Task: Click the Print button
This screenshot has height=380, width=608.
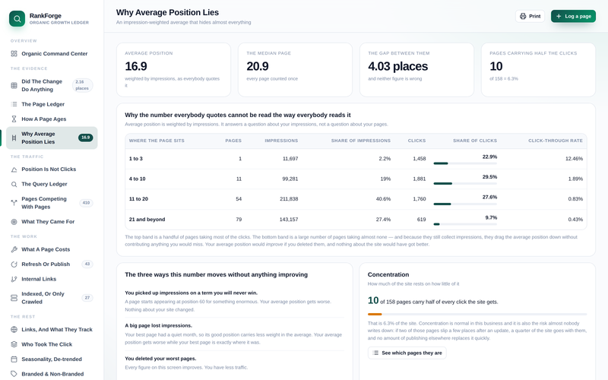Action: (530, 16)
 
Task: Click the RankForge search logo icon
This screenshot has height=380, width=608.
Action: (17, 18)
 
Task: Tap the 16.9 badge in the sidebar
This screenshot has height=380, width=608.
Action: (85, 138)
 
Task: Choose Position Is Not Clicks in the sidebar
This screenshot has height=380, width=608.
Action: (49, 169)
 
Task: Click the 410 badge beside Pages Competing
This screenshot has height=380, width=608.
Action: (86, 203)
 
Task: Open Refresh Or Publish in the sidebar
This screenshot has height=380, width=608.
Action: (46, 264)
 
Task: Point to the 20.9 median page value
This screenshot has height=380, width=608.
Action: (258, 66)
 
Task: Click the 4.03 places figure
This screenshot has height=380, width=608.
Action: (397, 66)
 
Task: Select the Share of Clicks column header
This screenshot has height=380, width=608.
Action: (474, 141)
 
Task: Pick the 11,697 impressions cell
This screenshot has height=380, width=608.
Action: (290, 159)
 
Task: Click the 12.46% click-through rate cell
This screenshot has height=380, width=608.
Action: (574, 159)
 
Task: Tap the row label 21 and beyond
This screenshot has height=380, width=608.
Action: (147, 220)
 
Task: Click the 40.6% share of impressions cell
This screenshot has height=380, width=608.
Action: (383, 199)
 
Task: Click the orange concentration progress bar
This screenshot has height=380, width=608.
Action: (375, 314)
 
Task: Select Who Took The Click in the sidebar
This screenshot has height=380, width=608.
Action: (47, 344)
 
